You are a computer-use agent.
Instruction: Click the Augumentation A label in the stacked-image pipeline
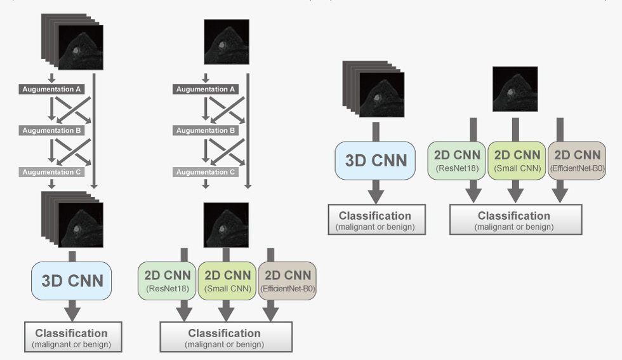coord(51,90)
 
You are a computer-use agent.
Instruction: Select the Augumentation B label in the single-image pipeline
coord(206,130)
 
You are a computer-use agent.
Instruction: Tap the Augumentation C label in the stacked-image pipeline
coord(51,172)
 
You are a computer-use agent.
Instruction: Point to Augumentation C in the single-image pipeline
coord(206,172)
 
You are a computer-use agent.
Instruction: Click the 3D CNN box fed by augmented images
coord(71,281)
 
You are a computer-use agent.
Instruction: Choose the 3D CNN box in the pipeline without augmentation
coord(375,161)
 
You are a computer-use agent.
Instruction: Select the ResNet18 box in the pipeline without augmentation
coord(456,161)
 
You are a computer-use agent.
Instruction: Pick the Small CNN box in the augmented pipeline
coord(227,281)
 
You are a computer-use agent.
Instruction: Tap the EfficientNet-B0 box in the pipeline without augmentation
coord(577,161)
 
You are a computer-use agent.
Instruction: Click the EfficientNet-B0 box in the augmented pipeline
coord(287,281)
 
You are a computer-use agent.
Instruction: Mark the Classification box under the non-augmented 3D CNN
coord(377,220)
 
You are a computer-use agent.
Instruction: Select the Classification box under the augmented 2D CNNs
coord(226,337)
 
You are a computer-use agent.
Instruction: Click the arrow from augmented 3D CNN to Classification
coord(72,310)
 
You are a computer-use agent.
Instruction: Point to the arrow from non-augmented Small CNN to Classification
coord(515,191)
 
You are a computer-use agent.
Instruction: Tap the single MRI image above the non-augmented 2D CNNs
coord(515,89)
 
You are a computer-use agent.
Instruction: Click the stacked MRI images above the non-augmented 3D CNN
coord(373,89)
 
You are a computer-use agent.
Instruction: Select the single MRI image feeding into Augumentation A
coord(227,42)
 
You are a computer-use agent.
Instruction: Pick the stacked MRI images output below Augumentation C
coord(72,220)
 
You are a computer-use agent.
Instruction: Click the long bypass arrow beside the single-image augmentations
coord(248,131)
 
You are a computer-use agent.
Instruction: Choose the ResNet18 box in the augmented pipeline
coord(166,281)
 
